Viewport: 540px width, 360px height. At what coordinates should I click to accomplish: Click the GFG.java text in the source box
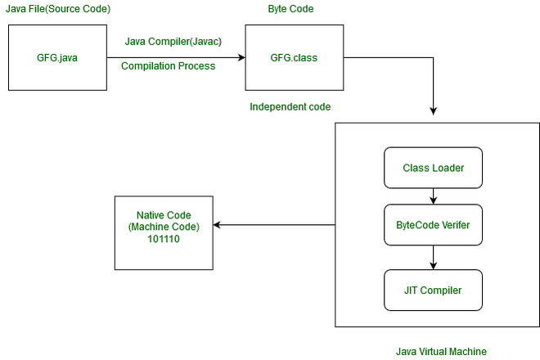[x=57, y=58]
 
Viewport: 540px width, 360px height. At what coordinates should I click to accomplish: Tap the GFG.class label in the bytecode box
[x=294, y=57]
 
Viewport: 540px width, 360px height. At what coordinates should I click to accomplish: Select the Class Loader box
[x=434, y=168]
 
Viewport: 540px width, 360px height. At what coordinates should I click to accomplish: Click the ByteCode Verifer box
[x=434, y=225]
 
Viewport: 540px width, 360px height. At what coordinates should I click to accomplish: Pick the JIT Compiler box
[x=434, y=290]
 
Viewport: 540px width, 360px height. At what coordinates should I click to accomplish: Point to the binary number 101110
[x=164, y=239]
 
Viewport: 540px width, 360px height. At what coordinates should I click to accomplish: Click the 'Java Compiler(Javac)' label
[x=173, y=42]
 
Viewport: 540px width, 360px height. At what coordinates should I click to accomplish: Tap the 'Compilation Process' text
[x=168, y=65]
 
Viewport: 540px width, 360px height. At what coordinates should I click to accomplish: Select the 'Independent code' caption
[x=290, y=107]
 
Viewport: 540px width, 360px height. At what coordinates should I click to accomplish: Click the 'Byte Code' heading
[x=290, y=9]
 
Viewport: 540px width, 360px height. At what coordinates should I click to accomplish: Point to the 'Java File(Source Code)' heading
[x=58, y=9]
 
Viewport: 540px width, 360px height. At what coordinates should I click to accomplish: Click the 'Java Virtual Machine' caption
[x=441, y=351]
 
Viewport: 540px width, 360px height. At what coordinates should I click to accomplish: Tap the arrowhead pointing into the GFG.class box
[x=241, y=57]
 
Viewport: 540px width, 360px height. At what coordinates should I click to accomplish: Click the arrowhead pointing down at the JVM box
[x=434, y=111]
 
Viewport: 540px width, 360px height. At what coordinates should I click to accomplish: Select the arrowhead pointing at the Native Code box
[x=217, y=225]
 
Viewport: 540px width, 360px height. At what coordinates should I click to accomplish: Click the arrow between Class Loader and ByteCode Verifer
[x=434, y=196]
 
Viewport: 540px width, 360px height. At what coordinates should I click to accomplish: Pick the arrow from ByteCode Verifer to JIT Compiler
[x=434, y=258]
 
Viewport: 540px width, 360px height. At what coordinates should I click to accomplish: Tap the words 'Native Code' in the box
[x=164, y=215]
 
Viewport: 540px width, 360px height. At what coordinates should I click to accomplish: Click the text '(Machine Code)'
[x=164, y=227]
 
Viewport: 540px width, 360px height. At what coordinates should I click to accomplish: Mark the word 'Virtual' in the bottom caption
[x=433, y=351]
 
